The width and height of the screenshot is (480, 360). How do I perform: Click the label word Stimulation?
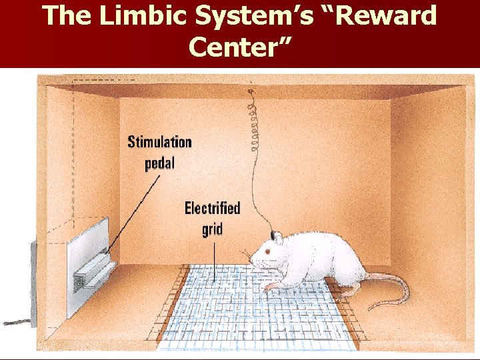159,142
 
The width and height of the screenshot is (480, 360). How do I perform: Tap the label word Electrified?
212,208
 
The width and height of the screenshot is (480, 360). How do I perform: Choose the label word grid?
212,229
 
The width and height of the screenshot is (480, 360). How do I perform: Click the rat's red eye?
268,251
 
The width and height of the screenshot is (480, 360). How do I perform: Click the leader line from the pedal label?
133,214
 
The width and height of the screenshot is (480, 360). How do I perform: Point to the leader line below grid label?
214,262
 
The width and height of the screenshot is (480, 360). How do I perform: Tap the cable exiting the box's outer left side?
17,323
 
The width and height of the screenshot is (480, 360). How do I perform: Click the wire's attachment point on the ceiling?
251,91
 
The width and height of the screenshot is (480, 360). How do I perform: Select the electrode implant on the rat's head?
272,235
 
